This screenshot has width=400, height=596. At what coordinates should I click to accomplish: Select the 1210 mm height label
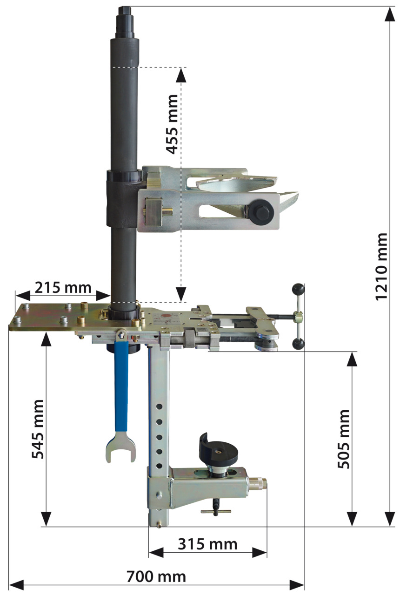381,266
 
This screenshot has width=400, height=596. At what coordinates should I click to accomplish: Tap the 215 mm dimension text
62,287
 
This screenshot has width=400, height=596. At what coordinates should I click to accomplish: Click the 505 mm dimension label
344,439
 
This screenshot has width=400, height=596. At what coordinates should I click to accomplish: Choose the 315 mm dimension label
207,544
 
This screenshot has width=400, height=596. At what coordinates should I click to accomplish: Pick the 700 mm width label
156,577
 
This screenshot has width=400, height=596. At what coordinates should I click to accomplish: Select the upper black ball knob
298,290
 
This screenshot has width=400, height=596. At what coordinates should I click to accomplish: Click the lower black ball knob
298,344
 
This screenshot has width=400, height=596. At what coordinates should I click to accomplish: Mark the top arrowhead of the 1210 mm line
390,14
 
